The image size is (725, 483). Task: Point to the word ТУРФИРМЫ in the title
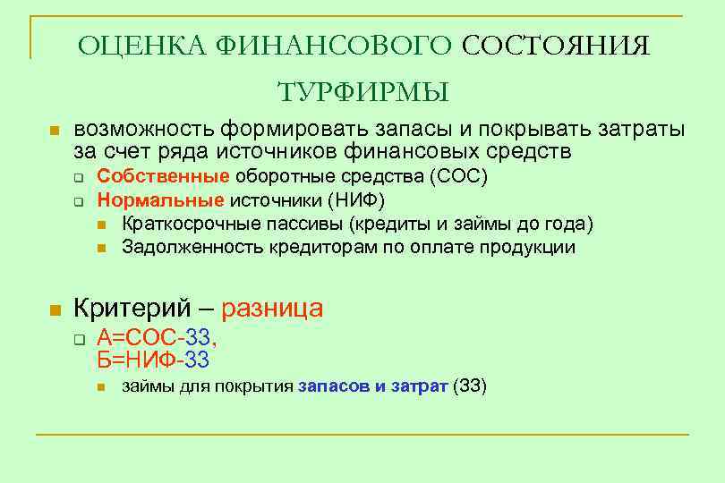point(362,92)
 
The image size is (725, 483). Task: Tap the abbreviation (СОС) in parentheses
point(458,176)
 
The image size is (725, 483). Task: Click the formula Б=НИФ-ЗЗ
point(153,360)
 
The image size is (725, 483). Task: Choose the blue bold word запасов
point(329,387)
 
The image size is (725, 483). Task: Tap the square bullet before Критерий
point(54,310)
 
